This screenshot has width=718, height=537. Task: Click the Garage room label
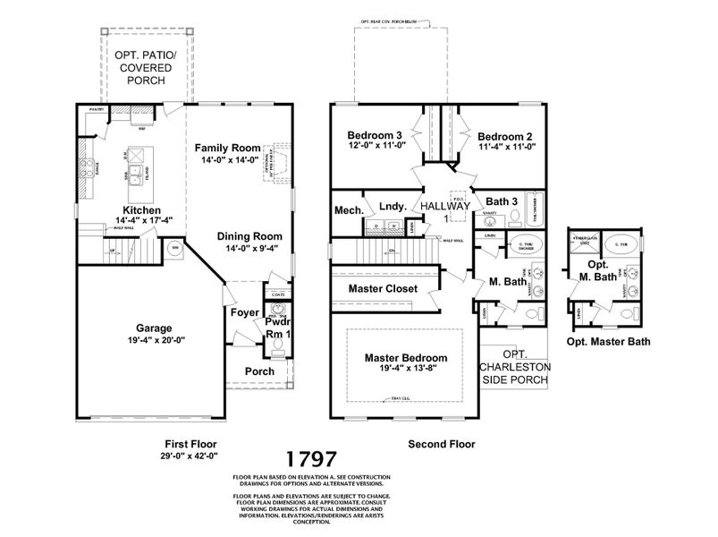(154, 328)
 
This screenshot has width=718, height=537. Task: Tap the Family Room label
(228, 148)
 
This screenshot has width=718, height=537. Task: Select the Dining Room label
(249, 236)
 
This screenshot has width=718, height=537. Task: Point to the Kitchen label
(137, 209)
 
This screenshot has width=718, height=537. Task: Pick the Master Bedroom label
(405, 357)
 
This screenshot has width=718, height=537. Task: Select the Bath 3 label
(502, 200)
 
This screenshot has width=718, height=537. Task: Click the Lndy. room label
(393, 205)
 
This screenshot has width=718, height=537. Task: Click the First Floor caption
(190, 443)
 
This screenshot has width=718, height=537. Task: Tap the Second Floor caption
(441, 443)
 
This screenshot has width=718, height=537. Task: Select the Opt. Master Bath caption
(608, 341)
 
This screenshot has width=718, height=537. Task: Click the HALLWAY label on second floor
(445, 206)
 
